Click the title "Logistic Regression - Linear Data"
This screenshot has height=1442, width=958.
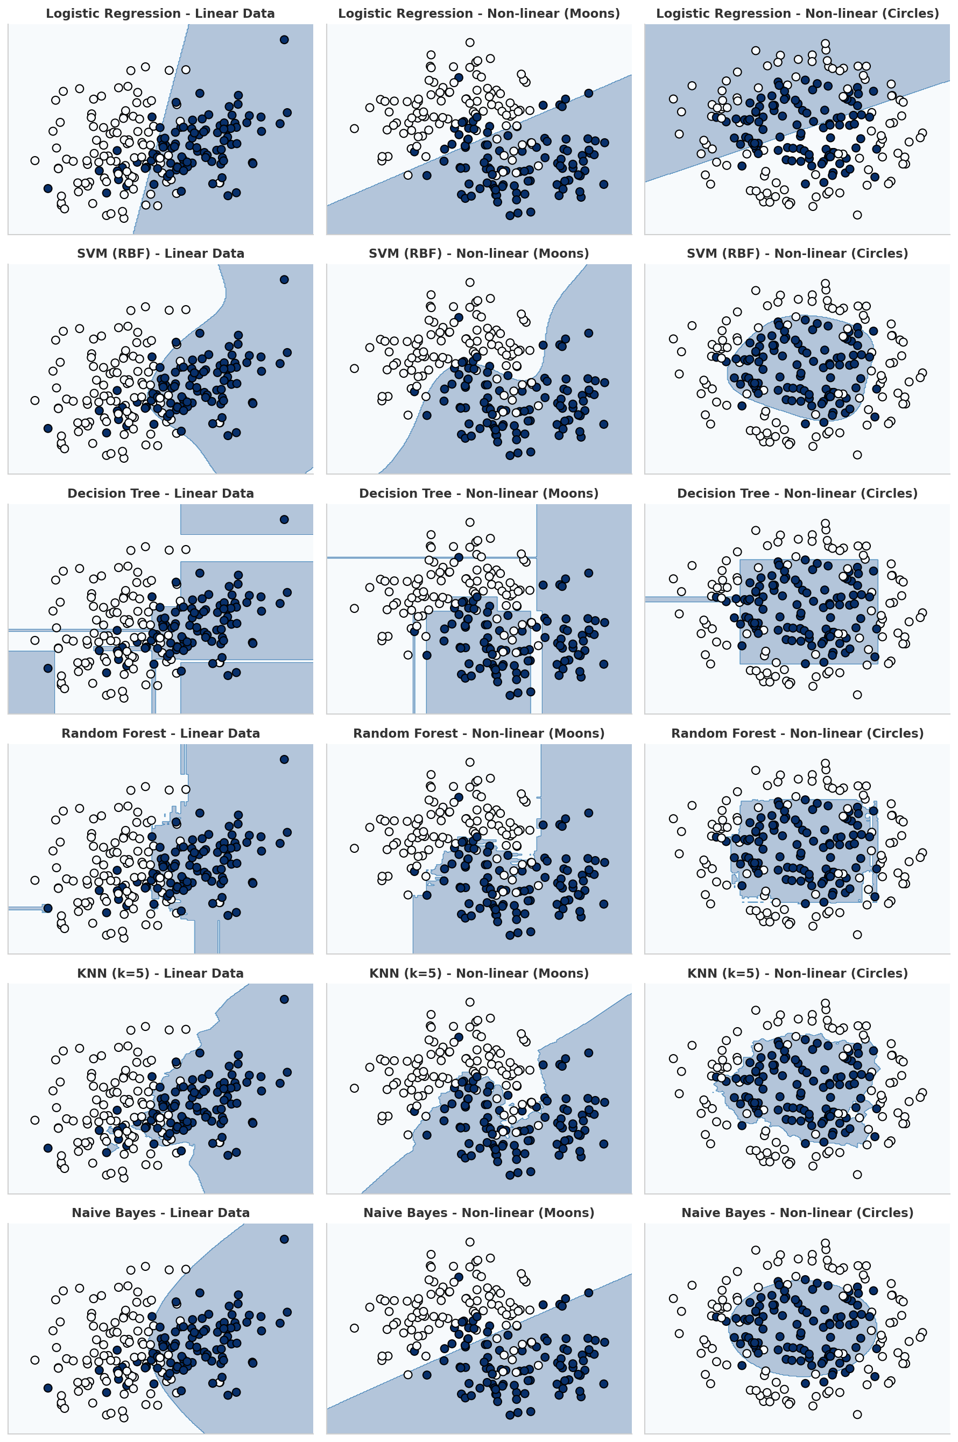(x=160, y=13)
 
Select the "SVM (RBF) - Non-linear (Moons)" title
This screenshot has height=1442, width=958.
(x=478, y=253)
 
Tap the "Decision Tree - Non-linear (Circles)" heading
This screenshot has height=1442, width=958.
(x=797, y=493)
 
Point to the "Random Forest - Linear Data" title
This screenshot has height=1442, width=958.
(x=160, y=733)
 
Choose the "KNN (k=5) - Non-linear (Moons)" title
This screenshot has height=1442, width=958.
(x=478, y=973)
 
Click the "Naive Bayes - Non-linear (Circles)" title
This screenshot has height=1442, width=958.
(x=797, y=1213)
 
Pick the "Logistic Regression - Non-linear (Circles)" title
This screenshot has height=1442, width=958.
(x=797, y=13)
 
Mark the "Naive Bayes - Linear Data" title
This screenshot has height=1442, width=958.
(x=160, y=1213)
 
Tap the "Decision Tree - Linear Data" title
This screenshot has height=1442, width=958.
(x=160, y=493)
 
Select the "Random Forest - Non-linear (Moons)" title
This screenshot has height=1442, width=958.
(x=478, y=733)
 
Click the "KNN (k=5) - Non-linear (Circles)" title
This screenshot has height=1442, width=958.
(x=797, y=973)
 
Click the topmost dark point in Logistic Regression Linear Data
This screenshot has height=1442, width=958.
(x=284, y=40)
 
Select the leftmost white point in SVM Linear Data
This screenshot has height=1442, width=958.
(x=35, y=401)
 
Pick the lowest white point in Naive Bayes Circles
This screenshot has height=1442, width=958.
(x=857, y=1415)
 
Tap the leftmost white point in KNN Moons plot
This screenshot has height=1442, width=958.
(x=354, y=1088)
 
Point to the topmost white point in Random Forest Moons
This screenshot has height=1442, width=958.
(x=470, y=762)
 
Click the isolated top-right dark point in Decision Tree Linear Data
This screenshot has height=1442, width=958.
(x=284, y=520)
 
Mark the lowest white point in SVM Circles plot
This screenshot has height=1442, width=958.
(x=857, y=455)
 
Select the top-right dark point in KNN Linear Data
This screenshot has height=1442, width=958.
(x=284, y=999)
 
